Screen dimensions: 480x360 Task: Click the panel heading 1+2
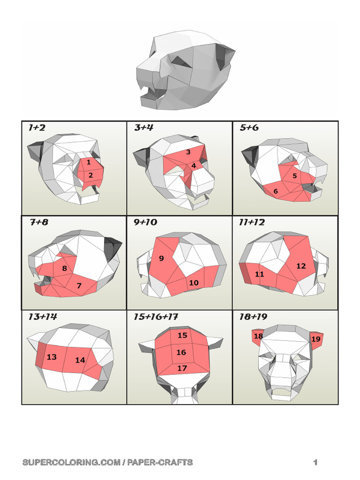[x=37, y=127]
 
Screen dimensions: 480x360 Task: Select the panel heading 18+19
[x=253, y=317]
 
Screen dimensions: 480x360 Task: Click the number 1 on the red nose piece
[x=89, y=162]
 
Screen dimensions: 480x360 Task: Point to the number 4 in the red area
[x=194, y=165]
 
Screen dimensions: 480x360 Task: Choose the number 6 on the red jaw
[x=276, y=191]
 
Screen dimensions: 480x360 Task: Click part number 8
[x=65, y=269]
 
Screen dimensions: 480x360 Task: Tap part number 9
[x=161, y=258]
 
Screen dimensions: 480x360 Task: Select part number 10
[x=194, y=283]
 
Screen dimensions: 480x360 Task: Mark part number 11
[x=259, y=274]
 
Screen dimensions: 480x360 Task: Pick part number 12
[x=301, y=266]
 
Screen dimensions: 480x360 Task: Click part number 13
[x=52, y=357]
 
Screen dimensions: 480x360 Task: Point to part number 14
[x=80, y=360]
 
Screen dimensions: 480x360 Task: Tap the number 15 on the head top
[x=182, y=335]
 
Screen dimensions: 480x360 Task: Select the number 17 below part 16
[x=182, y=368]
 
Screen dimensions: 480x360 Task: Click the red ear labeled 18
[x=258, y=336]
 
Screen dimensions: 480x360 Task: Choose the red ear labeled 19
[x=316, y=339]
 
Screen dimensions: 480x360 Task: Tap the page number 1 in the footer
[x=316, y=462]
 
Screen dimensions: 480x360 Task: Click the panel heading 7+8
[x=39, y=222]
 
